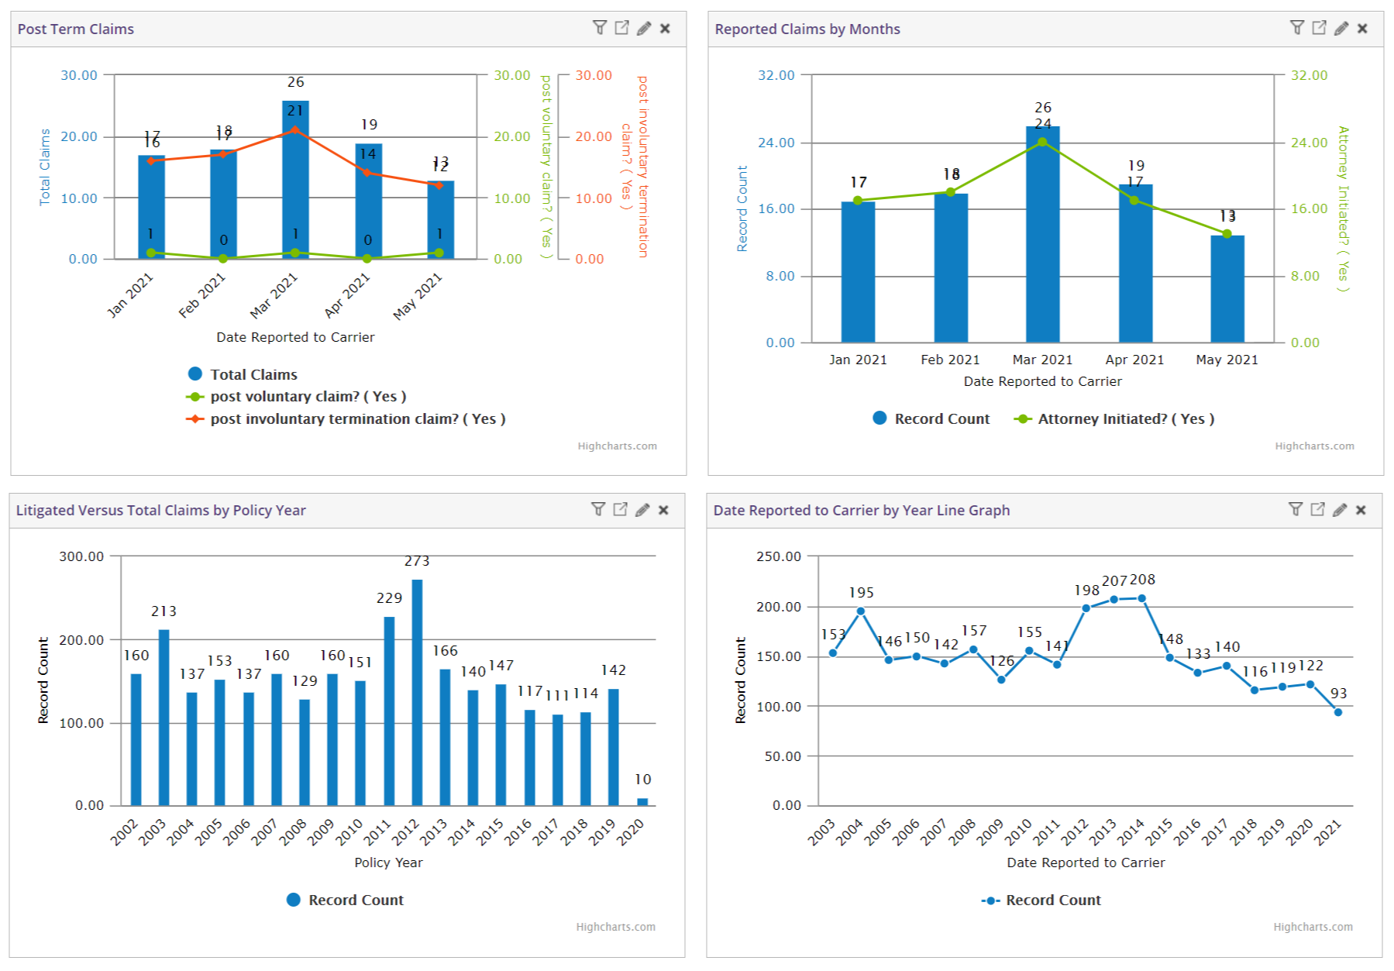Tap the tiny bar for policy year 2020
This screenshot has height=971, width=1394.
point(642,802)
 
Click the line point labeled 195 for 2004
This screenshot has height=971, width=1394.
point(861,611)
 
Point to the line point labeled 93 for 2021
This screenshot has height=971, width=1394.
point(1338,712)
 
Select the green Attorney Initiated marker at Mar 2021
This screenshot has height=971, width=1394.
point(1042,143)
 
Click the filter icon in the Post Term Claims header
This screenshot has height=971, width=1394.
point(599,28)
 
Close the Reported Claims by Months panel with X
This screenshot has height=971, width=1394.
point(1362,29)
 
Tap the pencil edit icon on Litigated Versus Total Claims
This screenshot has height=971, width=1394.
point(642,510)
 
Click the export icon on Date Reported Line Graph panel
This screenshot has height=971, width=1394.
point(1317,509)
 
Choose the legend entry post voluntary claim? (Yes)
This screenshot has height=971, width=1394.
point(308,396)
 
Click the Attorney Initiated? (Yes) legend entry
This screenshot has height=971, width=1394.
point(1125,418)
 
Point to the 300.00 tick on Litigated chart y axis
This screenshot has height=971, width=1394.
point(81,556)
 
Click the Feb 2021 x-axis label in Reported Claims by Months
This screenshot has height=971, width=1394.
point(950,360)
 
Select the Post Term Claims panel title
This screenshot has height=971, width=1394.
point(76,29)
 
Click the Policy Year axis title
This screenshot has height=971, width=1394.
point(388,863)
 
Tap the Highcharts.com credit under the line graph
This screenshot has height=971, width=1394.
point(1313,927)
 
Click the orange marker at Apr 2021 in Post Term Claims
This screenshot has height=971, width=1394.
point(367,173)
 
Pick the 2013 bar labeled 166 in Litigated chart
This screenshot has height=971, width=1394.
point(445,737)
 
